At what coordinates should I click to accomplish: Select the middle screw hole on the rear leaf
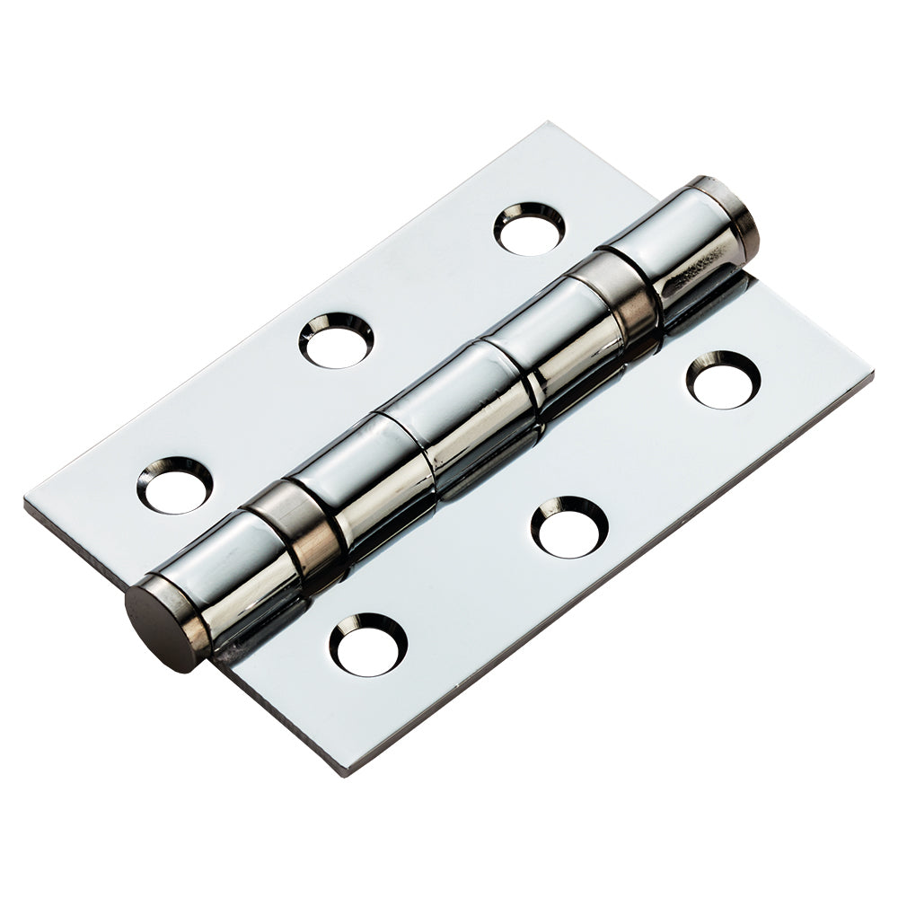[336, 340]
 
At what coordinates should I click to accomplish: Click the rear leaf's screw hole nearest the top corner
[529, 229]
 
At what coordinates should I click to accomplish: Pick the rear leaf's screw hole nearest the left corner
[175, 485]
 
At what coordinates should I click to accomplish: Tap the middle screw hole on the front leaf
[569, 526]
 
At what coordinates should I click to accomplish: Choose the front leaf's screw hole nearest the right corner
[724, 380]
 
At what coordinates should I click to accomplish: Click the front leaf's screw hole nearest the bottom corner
[368, 645]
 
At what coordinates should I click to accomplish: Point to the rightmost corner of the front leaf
[869, 370]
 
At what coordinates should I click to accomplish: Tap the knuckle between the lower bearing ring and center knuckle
[359, 476]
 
